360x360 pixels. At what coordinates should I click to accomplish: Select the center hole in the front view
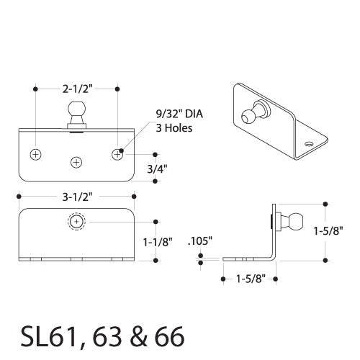[x=76, y=163]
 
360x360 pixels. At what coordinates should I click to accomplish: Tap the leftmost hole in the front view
[x=35, y=155]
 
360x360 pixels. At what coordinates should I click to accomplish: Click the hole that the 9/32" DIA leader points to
[x=117, y=155]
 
